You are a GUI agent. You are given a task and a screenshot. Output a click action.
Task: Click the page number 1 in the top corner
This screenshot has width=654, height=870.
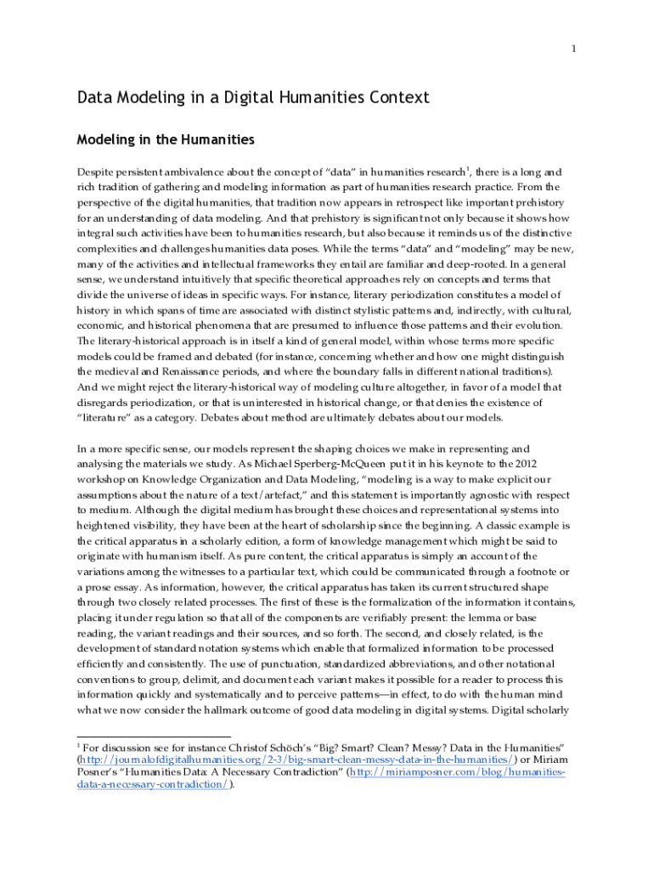pyautogui.click(x=573, y=48)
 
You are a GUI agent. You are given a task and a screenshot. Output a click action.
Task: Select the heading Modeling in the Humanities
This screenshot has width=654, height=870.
pyautogui.click(x=166, y=138)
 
